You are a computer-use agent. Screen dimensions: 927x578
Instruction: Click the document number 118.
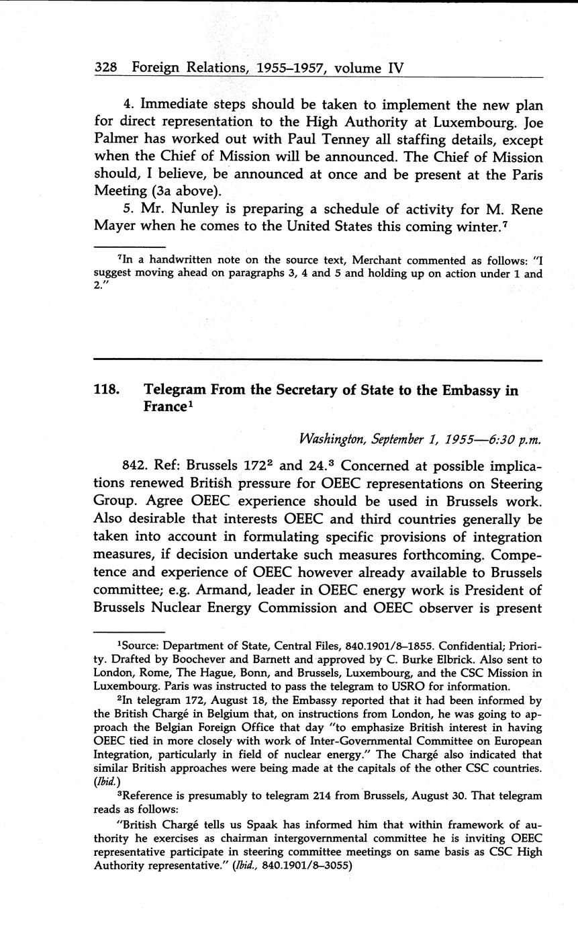(108, 391)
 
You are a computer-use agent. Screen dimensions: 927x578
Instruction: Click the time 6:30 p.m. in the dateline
(514, 439)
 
